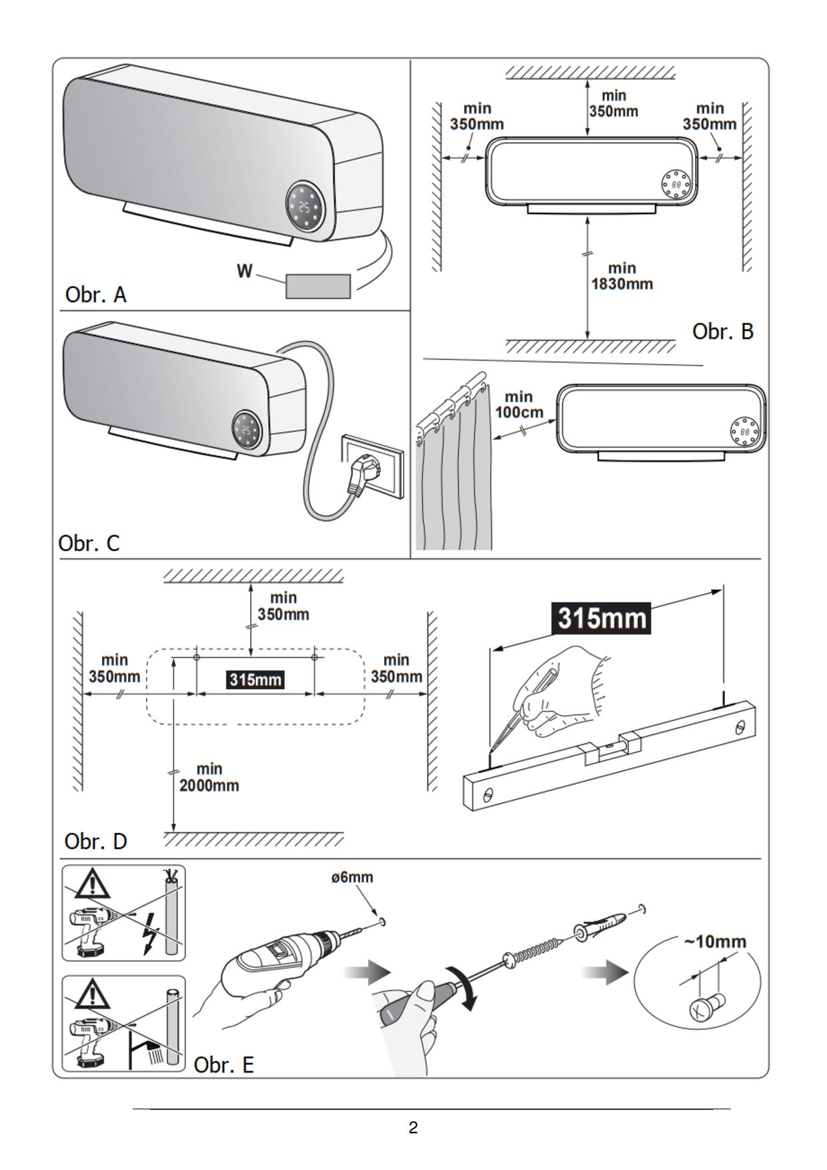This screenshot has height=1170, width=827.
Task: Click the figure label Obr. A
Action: (x=95, y=294)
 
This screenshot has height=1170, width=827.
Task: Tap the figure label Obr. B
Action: (x=722, y=331)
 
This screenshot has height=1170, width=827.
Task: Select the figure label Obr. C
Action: (x=89, y=543)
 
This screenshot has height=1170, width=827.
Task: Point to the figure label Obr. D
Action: (x=95, y=841)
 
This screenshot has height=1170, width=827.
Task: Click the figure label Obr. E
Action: (x=223, y=1065)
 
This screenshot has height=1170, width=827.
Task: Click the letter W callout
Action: (x=245, y=271)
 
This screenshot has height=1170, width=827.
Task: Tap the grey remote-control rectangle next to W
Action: (x=318, y=286)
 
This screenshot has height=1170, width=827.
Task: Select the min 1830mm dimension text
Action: (x=622, y=276)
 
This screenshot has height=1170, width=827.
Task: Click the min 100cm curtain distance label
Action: (x=518, y=405)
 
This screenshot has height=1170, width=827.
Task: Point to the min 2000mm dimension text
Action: (x=209, y=777)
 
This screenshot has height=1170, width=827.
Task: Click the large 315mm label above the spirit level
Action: (x=602, y=618)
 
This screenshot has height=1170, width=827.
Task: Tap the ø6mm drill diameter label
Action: (x=352, y=877)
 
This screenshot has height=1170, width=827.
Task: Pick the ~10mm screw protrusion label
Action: (x=715, y=942)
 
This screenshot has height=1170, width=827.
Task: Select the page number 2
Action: (x=414, y=1128)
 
